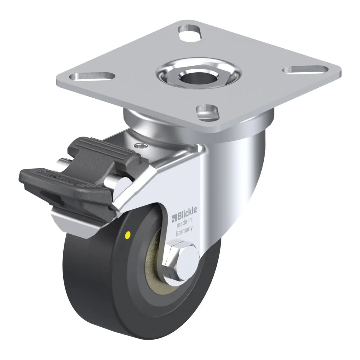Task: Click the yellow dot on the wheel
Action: click(x=128, y=233)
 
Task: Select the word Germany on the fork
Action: click(x=184, y=232)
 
